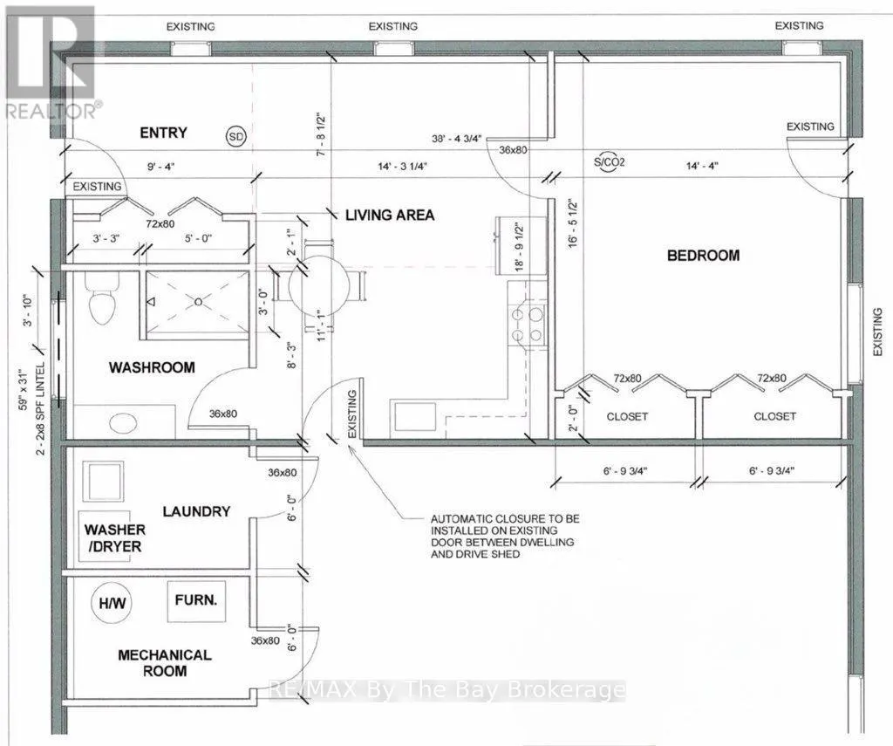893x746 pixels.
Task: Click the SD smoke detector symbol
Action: [x=235, y=137]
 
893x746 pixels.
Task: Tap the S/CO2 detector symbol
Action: [x=609, y=162]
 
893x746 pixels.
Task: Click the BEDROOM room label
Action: [x=704, y=256]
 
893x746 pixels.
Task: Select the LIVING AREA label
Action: [x=390, y=215]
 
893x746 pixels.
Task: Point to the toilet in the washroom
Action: [x=102, y=297]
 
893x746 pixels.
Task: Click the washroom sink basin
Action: [x=123, y=422]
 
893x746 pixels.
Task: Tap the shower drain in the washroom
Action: [x=198, y=302]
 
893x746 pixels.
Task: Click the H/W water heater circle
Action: [x=112, y=602]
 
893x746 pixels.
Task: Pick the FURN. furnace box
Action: [x=196, y=601]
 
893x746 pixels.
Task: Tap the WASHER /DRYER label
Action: [x=115, y=538]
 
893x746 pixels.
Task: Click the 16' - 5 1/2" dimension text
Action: [x=572, y=222]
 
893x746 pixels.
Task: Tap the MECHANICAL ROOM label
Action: [x=165, y=663]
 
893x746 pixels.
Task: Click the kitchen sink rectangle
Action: [x=412, y=417]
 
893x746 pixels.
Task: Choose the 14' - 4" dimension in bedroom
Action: [x=702, y=166]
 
